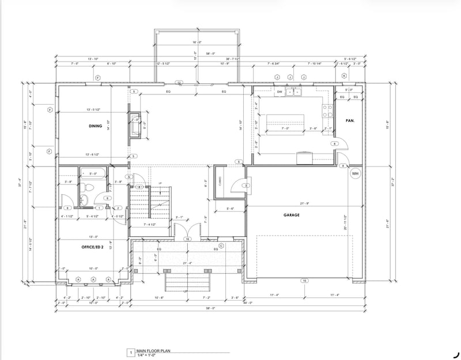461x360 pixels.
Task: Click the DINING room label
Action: pos(95,126)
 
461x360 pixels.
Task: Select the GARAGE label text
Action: pos(293,214)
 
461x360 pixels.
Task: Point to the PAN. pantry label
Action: pos(349,120)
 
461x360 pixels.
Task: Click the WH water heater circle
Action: pos(355,173)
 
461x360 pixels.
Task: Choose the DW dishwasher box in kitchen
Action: pos(279,92)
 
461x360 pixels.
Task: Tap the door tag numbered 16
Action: pos(187,238)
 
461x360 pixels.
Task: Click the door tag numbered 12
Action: pos(179,84)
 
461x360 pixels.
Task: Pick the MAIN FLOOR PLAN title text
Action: pos(154,351)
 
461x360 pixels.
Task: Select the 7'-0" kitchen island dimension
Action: pos(285,129)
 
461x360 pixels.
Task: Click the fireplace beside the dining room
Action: pos(135,125)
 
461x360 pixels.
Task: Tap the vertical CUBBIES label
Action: pos(220,181)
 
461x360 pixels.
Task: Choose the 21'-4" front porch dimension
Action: pos(186,264)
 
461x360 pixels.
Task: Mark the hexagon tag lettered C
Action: pos(221,245)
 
